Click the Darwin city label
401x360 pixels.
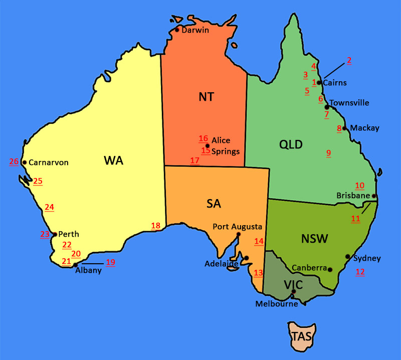(x=195, y=30)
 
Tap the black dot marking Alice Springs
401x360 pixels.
(x=208, y=145)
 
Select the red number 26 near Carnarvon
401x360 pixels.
(x=14, y=161)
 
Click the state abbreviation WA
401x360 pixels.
(x=113, y=160)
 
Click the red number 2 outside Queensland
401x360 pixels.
(x=349, y=60)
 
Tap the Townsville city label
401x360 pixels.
(x=349, y=103)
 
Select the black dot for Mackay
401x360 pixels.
(x=344, y=128)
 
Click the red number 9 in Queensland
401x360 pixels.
(x=329, y=153)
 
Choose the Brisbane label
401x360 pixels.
(x=353, y=196)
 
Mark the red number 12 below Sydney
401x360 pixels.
(x=360, y=272)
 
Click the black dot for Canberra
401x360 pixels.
(x=330, y=269)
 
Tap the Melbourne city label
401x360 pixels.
(x=277, y=303)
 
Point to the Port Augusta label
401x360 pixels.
(x=238, y=226)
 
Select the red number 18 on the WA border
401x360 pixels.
(x=156, y=226)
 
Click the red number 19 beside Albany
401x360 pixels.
(x=110, y=262)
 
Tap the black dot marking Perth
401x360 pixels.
(x=55, y=234)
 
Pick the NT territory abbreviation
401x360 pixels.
(x=206, y=97)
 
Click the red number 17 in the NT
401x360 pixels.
(x=194, y=160)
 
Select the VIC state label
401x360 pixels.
(x=293, y=285)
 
